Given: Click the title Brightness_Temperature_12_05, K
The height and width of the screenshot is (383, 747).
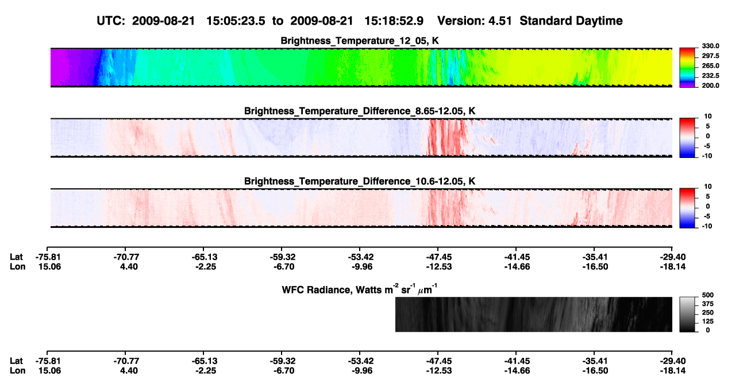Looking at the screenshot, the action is click(x=360, y=41).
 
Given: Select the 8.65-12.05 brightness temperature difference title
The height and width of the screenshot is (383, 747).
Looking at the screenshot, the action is click(x=360, y=111).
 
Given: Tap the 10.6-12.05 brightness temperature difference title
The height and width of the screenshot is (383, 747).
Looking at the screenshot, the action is click(x=360, y=181).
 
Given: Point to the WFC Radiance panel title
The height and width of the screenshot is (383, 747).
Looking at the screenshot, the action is click(x=360, y=289).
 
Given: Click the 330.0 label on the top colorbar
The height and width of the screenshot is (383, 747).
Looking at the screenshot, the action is click(x=710, y=46).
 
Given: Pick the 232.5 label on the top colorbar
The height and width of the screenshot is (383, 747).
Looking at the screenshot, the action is click(x=710, y=76).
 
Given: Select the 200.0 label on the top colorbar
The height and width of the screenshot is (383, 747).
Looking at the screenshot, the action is click(x=710, y=86).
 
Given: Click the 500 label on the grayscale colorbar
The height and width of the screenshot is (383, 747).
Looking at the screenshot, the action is click(x=708, y=295).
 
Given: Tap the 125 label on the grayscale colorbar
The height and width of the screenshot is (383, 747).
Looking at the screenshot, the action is click(x=708, y=322).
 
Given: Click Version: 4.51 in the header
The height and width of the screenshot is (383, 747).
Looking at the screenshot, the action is click(x=475, y=21).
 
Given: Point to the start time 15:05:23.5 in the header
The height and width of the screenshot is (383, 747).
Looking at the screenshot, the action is click(x=236, y=21).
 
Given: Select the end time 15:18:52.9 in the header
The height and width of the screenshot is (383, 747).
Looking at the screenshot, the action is click(x=394, y=21).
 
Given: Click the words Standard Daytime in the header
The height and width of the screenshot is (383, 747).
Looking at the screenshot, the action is click(x=571, y=21).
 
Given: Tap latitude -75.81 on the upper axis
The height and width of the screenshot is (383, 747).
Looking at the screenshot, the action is click(x=48, y=257).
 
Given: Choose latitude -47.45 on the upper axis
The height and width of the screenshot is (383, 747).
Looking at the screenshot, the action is click(x=439, y=257).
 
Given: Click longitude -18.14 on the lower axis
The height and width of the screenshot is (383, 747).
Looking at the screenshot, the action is click(x=673, y=371).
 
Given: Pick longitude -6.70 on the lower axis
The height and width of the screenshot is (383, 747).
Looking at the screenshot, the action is click(x=283, y=371).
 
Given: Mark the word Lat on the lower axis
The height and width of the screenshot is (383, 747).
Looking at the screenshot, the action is click(x=16, y=361).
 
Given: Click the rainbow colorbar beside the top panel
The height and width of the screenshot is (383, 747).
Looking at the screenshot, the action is click(x=687, y=68).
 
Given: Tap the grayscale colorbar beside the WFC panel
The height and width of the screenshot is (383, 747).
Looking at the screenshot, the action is click(x=687, y=314).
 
